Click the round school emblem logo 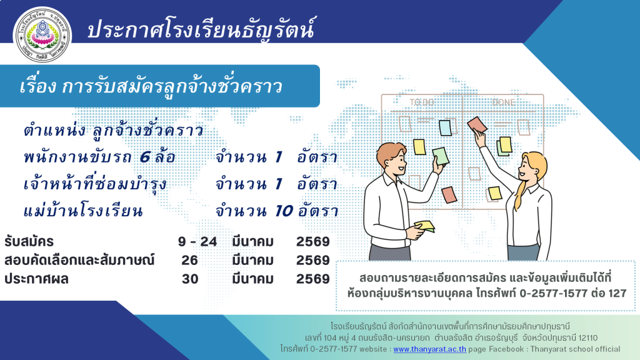[x=42, y=35]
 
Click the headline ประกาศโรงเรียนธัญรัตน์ [x=201, y=29]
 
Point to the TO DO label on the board [x=422, y=102]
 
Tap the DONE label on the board [x=503, y=102]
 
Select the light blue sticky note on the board [x=445, y=127]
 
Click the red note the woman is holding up [x=477, y=124]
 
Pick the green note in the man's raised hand [x=441, y=156]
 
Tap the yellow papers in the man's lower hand [x=424, y=226]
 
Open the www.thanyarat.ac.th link [x=429, y=349]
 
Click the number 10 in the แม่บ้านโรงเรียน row [x=284, y=211]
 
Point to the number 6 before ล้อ [x=145, y=157]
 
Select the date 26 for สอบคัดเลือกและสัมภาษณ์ [x=190, y=260]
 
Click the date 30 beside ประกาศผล [x=190, y=279]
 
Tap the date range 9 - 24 [x=197, y=242]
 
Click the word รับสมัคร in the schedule [x=29, y=242]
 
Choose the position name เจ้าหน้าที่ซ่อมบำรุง [x=95, y=183]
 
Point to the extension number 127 [x=617, y=293]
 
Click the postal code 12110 [x=587, y=338]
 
